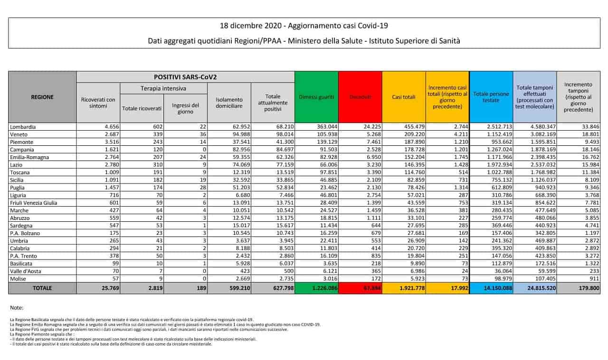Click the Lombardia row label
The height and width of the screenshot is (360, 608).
(x=23, y=127)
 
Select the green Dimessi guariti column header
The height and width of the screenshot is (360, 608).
(x=316, y=97)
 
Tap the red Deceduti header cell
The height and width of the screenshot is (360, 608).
(x=360, y=97)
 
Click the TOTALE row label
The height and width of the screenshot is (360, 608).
(x=42, y=288)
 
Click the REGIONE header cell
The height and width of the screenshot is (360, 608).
(x=42, y=97)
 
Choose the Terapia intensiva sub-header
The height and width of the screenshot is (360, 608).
(x=163, y=88)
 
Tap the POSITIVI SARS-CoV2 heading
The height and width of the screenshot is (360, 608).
(x=185, y=76)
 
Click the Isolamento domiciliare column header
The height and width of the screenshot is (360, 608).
(x=229, y=103)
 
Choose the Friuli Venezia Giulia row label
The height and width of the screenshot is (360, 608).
(x=33, y=203)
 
